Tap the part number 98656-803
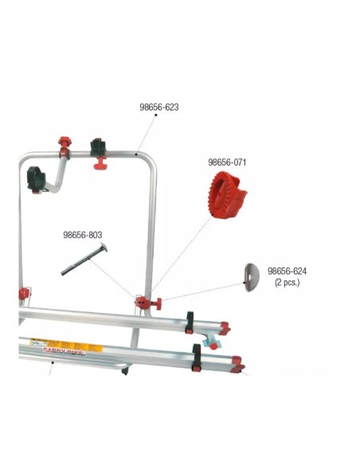tap(83, 235)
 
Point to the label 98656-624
tap(287, 271)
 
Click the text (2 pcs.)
tap(287, 282)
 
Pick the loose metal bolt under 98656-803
tap(84, 260)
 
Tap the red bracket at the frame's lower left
tap(23, 296)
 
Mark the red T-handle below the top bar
tap(102, 164)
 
